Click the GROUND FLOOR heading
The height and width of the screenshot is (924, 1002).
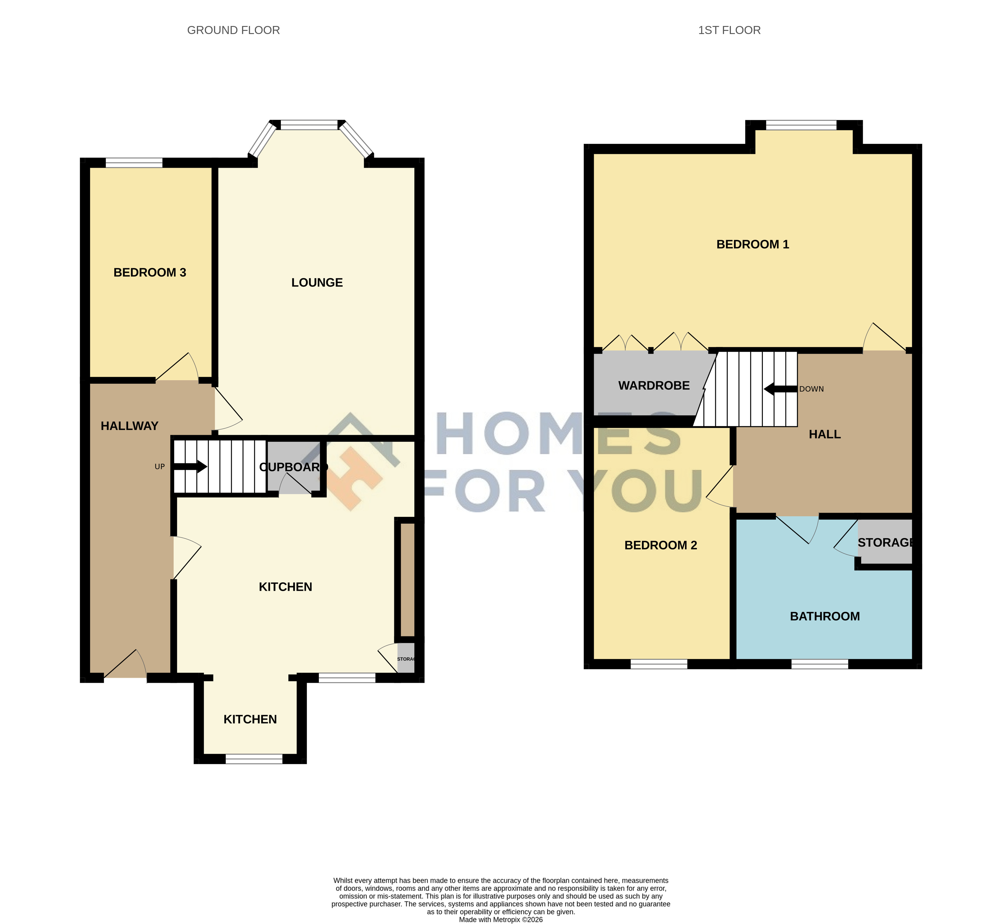(x=233, y=31)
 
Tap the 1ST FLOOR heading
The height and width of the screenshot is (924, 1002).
(x=729, y=31)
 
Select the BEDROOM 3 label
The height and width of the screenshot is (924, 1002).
(x=150, y=272)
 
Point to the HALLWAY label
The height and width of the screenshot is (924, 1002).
(x=129, y=426)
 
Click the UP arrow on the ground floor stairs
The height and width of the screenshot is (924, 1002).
(x=190, y=467)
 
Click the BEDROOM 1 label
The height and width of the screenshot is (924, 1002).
(x=753, y=244)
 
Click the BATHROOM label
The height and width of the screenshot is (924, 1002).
(x=825, y=616)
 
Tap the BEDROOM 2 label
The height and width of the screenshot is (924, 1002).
(x=661, y=545)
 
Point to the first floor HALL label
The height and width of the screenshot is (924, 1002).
(x=825, y=435)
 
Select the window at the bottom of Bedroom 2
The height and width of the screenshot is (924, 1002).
(x=659, y=664)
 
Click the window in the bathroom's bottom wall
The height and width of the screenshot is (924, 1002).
(x=820, y=664)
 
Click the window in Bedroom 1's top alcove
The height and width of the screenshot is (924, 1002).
(x=801, y=125)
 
